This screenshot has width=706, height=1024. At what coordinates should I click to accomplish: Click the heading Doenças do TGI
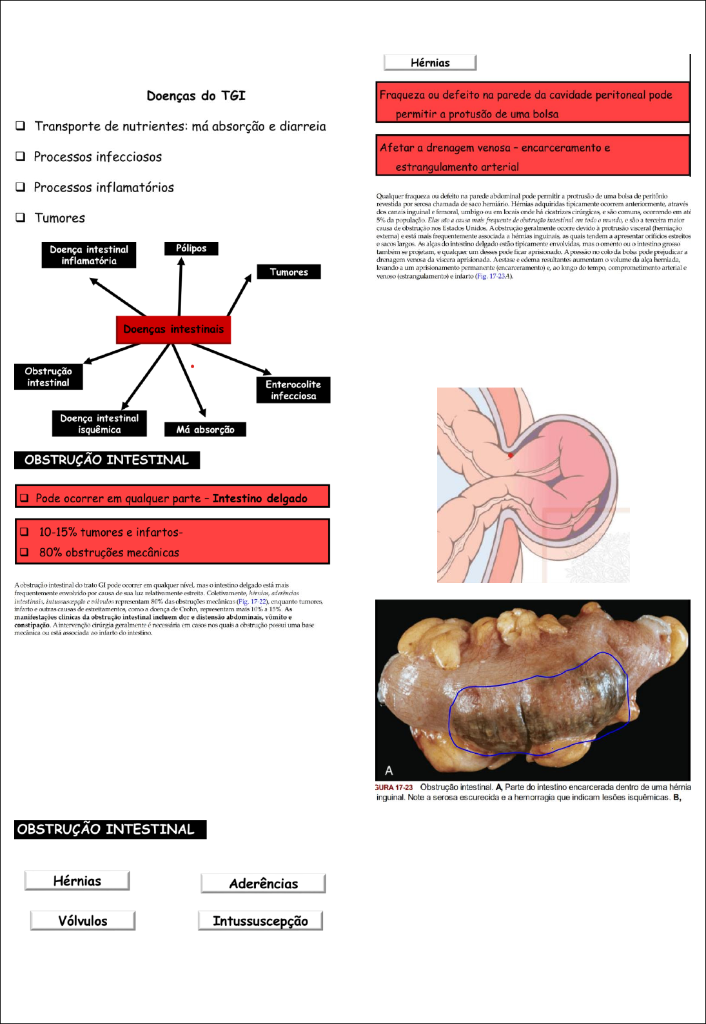coord(196,96)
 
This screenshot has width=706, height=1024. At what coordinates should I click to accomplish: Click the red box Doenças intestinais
coord(173,330)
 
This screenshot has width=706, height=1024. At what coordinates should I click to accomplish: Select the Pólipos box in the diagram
coord(191,248)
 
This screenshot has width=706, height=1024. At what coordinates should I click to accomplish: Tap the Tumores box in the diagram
coord(289,272)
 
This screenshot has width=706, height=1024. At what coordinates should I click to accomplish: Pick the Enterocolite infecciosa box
coord(293,390)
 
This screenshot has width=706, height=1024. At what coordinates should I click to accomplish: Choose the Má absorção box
coord(205,429)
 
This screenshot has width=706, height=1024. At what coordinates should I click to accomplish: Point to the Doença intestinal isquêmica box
coord(99,424)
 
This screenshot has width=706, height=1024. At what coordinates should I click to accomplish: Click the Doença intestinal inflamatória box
coord(89,255)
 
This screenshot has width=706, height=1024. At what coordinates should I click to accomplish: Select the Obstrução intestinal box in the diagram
coord(48,377)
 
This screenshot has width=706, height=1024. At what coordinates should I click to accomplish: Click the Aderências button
coord(263,883)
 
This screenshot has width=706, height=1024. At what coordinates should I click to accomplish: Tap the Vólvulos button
coord(83,921)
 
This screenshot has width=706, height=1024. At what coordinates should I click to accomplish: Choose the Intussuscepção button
coord(260,921)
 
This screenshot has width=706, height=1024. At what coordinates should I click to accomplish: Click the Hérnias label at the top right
coord(430,63)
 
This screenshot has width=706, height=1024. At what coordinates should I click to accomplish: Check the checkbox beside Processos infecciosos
coord(21,156)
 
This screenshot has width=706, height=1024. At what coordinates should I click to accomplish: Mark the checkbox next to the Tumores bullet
coord(21,217)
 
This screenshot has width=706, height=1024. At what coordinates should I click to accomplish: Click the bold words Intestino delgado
coord(260,498)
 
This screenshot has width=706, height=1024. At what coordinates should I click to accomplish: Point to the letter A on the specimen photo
coord(389,771)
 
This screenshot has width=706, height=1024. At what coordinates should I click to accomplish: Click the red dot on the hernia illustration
coord(511,455)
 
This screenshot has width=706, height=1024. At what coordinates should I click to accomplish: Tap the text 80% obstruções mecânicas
coord(109,553)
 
